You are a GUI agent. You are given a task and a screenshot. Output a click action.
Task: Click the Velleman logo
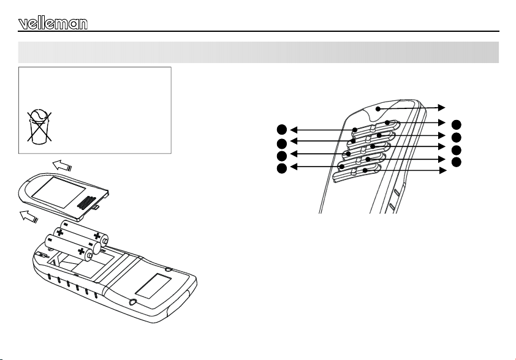[x=53, y=23]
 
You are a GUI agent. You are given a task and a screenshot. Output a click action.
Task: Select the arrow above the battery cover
[x=62, y=165]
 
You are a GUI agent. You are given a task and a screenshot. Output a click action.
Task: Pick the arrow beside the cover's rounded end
[x=29, y=217]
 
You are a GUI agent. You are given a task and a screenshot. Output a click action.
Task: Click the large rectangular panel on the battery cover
[x=58, y=192]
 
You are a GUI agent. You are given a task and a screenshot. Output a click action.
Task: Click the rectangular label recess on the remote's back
[x=153, y=286]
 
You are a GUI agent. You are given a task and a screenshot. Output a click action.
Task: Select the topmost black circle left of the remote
[x=282, y=130]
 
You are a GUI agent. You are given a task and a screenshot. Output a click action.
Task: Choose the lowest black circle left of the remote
[x=282, y=168]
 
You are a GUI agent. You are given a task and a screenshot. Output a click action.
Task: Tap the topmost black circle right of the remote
[x=457, y=125]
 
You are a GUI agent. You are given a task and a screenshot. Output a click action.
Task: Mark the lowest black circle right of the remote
[x=457, y=162]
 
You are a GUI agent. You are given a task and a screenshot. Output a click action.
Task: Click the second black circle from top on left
[x=282, y=144]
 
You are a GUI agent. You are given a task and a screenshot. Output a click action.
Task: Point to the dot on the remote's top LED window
[x=378, y=109]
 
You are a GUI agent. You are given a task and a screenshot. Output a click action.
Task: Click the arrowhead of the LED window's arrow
[x=442, y=108]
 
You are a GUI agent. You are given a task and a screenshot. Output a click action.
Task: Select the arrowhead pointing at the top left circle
[x=294, y=130]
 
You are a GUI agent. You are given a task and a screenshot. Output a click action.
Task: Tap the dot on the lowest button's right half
[x=365, y=170]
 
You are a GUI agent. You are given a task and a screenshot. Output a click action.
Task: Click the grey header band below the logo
[x=259, y=52]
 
